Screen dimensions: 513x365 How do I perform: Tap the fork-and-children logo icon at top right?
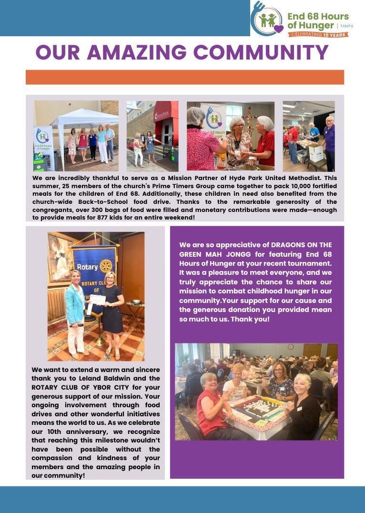pos(267,20)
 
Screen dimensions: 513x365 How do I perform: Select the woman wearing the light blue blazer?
pos(75,310)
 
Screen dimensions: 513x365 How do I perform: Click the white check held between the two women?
pos(97,299)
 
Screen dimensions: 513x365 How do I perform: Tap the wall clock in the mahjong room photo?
pos(291,347)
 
